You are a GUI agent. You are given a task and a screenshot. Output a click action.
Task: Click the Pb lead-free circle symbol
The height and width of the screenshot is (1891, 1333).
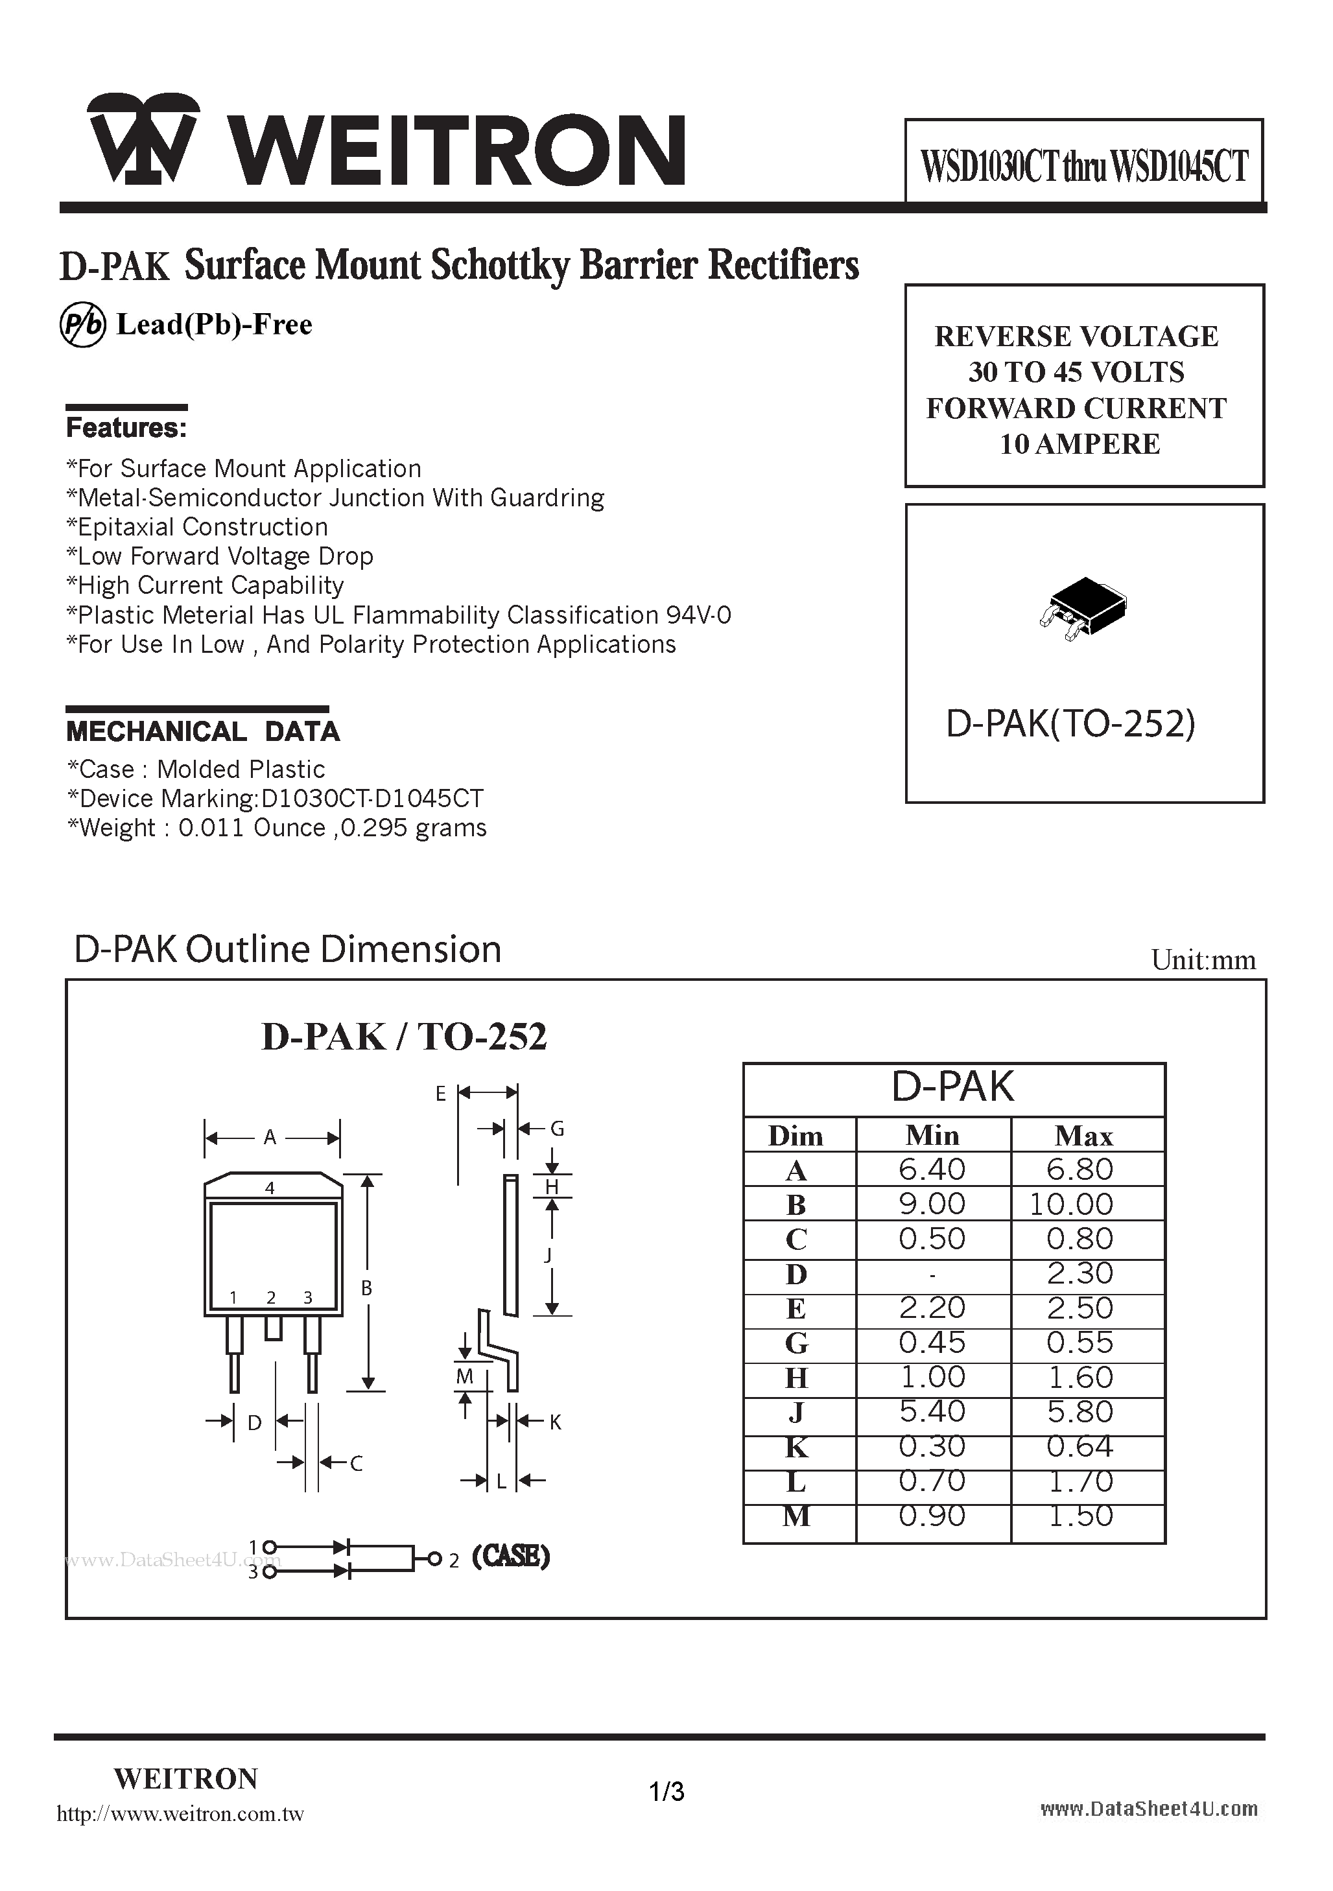(82, 325)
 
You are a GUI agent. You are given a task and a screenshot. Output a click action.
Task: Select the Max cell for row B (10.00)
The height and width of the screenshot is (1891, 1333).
(1071, 1204)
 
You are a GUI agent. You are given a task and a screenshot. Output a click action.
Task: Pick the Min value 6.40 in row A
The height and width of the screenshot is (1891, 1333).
(932, 1169)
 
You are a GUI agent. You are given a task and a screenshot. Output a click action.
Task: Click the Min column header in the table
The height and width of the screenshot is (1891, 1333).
(932, 1136)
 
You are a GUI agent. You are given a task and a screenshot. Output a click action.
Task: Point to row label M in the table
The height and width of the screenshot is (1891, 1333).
(796, 1516)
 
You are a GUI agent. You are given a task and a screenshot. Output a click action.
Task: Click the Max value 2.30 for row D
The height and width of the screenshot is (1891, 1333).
(1079, 1273)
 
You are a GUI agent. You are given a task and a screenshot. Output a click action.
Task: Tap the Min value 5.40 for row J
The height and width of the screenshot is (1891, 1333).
(932, 1412)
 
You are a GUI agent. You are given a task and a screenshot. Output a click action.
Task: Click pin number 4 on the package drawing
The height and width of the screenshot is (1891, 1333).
(270, 1188)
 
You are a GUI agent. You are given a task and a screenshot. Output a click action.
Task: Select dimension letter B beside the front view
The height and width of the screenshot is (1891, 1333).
(368, 1288)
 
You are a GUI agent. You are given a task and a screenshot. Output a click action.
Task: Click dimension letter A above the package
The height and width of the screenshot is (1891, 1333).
(270, 1138)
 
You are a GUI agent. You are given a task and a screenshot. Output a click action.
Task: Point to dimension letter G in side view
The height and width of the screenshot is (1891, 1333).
(557, 1129)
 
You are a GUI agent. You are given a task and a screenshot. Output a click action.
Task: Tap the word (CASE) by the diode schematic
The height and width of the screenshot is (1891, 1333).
(511, 1556)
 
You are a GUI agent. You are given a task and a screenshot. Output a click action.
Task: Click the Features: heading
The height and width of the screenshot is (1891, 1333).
(126, 429)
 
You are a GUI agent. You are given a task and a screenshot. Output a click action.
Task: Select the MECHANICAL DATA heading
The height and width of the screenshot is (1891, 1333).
(203, 731)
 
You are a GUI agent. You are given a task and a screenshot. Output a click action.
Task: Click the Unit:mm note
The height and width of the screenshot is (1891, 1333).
(1203, 960)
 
